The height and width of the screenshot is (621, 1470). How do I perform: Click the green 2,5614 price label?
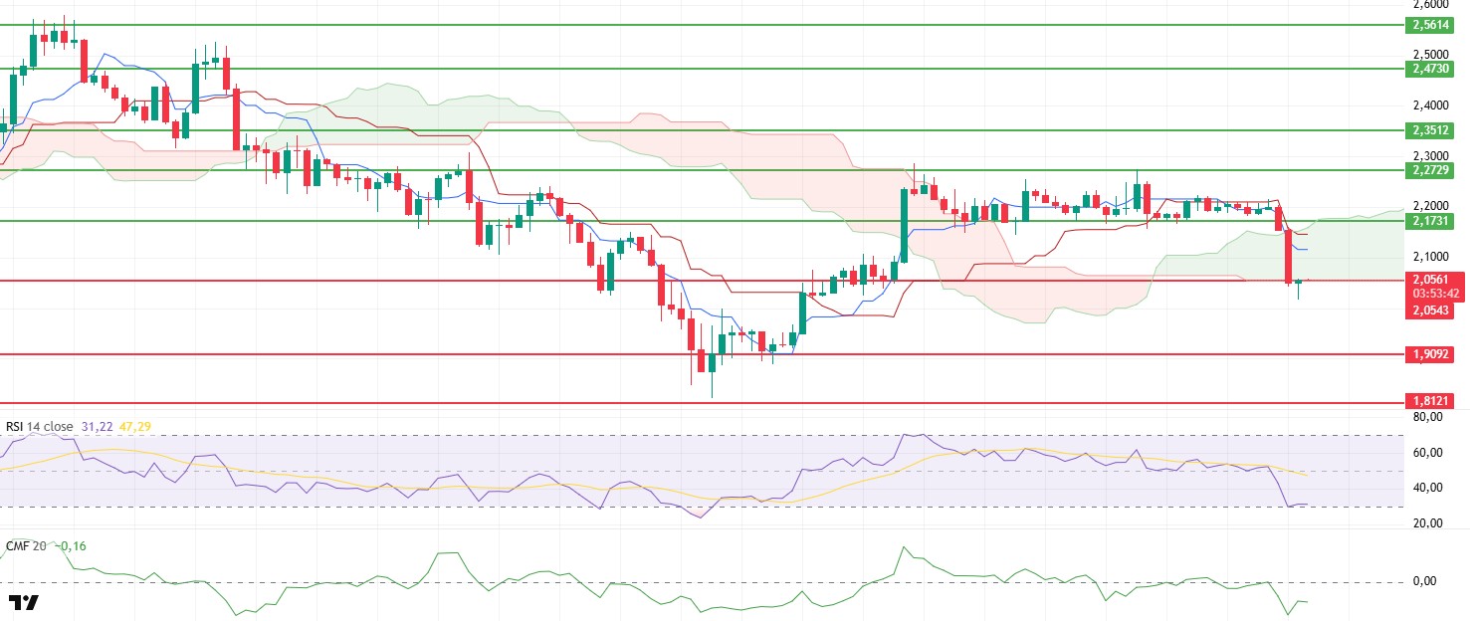tap(1432, 25)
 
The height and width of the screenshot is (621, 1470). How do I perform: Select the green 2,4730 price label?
tap(1432, 69)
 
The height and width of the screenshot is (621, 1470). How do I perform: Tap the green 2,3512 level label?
tap(1432, 130)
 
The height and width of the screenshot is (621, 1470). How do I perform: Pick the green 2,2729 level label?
tap(1432, 171)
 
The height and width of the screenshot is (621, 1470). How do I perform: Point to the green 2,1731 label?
tap(1432, 220)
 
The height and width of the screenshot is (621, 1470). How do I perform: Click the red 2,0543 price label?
tap(1432, 310)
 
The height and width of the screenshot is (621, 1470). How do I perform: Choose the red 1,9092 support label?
tap(1432, 353)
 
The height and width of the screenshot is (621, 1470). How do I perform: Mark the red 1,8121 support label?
tap(1432, 400)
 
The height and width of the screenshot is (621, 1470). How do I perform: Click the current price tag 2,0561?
tap(1432, 280)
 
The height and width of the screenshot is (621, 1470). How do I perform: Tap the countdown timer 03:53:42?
tap(1432, 294)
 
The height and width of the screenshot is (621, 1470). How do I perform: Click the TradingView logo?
tap(23, 602)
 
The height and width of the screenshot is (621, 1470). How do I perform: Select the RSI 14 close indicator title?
tap(40, 427)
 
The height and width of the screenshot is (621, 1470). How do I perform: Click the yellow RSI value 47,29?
tap(137, 427)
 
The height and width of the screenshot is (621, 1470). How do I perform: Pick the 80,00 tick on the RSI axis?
tap(1427, 418)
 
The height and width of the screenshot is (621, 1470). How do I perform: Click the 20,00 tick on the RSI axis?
tap(1427, 523)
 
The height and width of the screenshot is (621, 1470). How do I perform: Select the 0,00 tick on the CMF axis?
tap(1423, 581)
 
